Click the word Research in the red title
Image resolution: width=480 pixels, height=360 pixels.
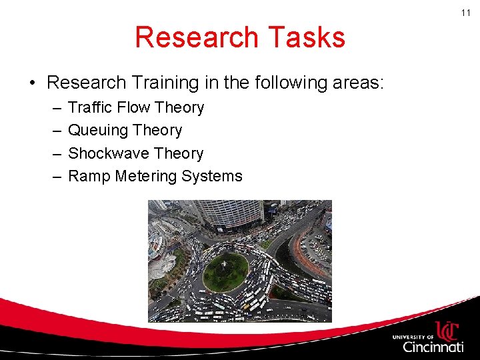(x=191, y=37)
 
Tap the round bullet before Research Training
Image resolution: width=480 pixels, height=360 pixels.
(x=32, y=83)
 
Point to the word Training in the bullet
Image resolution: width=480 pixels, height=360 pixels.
(x=163, y=83)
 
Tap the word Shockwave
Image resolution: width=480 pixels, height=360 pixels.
(x=107, y=153)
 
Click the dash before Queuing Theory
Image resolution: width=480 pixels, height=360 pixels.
(x=54, y=131)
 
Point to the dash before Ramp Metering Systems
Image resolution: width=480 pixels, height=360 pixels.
(x=54, y=177)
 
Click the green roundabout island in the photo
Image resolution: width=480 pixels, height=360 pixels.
(x=225, y=272)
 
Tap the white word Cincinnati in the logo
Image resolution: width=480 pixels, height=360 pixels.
(x=433, y=347)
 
